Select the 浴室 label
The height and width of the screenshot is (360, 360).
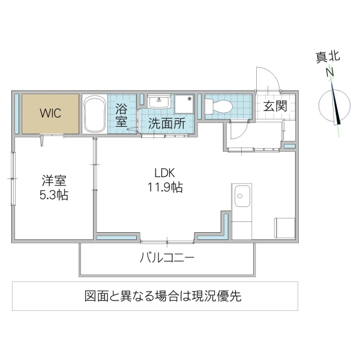tap(121, 115)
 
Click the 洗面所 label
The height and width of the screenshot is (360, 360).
tap(163, 125)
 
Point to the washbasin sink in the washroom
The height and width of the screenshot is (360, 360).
tap(158, 103)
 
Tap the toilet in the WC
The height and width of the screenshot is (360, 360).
tap(218, 106)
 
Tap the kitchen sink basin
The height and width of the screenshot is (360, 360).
tap(242, 196)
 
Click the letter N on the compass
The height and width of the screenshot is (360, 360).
tap(329, 73)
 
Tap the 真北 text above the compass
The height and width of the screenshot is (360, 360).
tap(328, 58)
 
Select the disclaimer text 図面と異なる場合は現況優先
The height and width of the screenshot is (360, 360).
tap(155, 296)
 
